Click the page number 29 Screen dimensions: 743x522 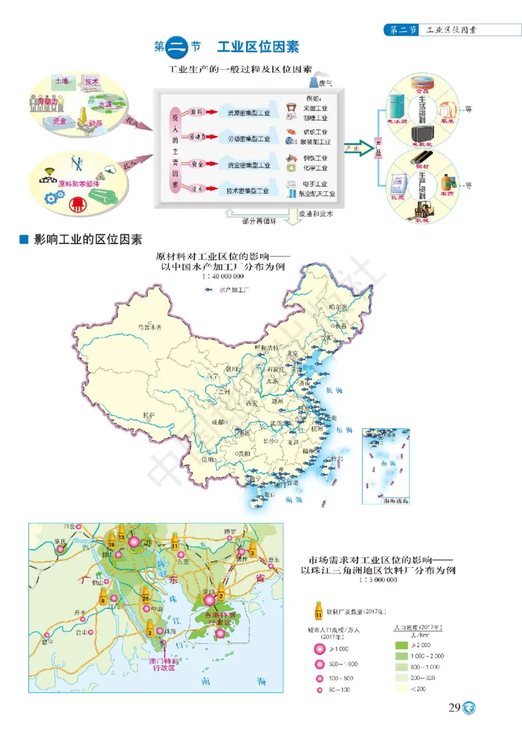tap(455, 708)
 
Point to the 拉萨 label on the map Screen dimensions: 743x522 tap(149, 415)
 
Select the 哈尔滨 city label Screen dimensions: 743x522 tap(339, 306)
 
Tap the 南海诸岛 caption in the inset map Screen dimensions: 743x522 tap(396, 501)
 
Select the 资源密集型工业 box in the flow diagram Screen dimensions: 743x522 tap(248, 113)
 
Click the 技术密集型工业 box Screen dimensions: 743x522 tap(248, 191)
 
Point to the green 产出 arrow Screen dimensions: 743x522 tap(355, 148)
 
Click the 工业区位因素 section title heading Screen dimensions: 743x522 tap(258, 46)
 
